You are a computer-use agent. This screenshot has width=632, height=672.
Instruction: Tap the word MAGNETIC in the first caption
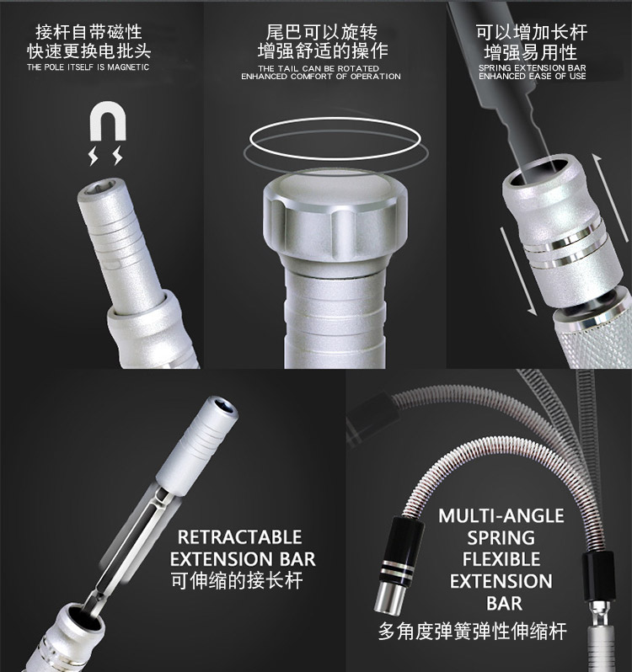128,67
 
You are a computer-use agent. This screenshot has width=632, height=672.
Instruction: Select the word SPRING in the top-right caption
495,67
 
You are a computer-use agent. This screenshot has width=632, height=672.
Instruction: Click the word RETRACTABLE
239,537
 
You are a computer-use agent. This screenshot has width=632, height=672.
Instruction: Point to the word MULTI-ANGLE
501,515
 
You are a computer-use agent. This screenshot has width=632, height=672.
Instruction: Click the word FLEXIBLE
501,559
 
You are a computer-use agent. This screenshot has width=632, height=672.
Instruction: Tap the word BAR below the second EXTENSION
504,604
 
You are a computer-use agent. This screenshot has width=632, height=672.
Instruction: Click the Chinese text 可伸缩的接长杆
237,580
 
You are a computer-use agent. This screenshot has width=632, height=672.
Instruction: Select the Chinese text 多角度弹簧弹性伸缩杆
472,631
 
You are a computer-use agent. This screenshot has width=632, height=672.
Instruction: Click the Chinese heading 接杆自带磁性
88,32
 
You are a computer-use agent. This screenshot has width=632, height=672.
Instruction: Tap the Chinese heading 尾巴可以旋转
322,32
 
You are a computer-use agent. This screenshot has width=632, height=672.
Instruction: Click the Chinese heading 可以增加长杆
532,32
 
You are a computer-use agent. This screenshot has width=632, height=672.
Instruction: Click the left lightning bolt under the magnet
94,156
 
